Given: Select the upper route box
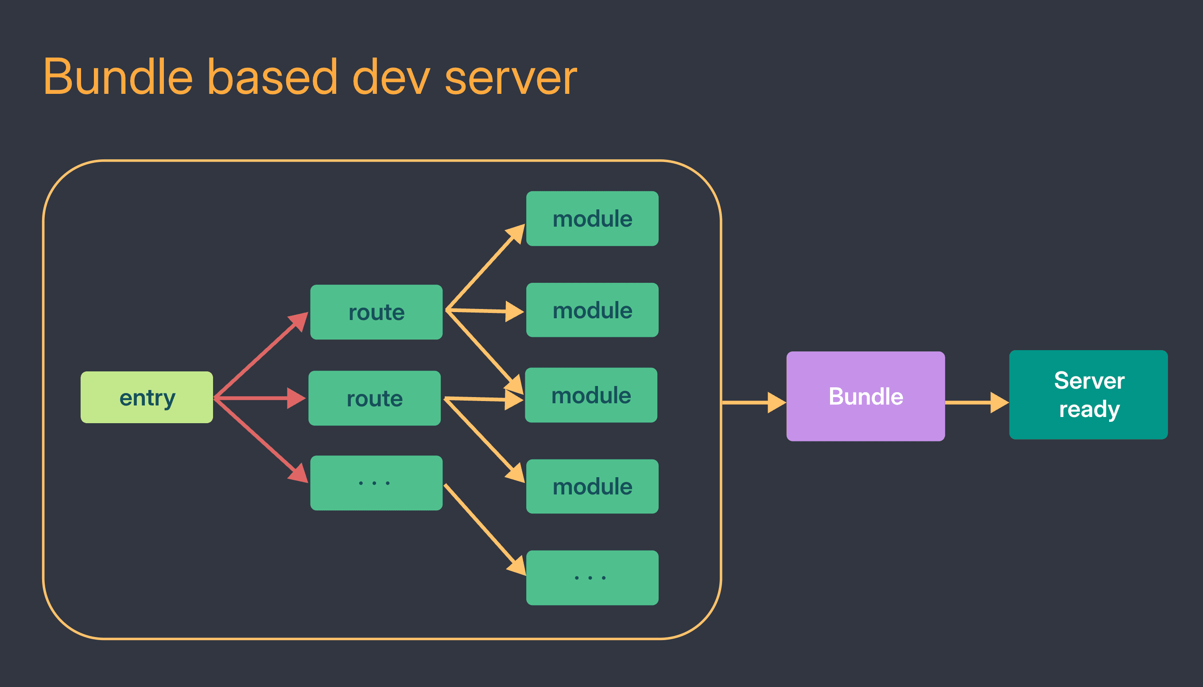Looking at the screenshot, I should click(376, 312).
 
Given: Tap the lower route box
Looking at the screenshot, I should click(374, 398).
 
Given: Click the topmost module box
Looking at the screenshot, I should click(592, 219).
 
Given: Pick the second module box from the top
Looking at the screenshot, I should click(592, 310).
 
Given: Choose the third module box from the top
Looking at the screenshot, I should click(591, 395).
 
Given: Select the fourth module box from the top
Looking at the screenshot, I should click(592, 486).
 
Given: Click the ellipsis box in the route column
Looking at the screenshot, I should click(376, 482).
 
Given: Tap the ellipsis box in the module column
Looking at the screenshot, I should click(592, 578).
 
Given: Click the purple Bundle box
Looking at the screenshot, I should click(865, 396).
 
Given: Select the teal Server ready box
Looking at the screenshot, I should click(1088, 395).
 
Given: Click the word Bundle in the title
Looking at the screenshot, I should click(118, 77).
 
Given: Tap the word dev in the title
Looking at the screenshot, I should click(391, 77).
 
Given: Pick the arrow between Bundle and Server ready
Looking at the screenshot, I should click(975, 402).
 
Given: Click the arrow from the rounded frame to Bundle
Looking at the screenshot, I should click(753, 402).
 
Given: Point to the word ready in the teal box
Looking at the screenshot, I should click(1089, 409).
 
